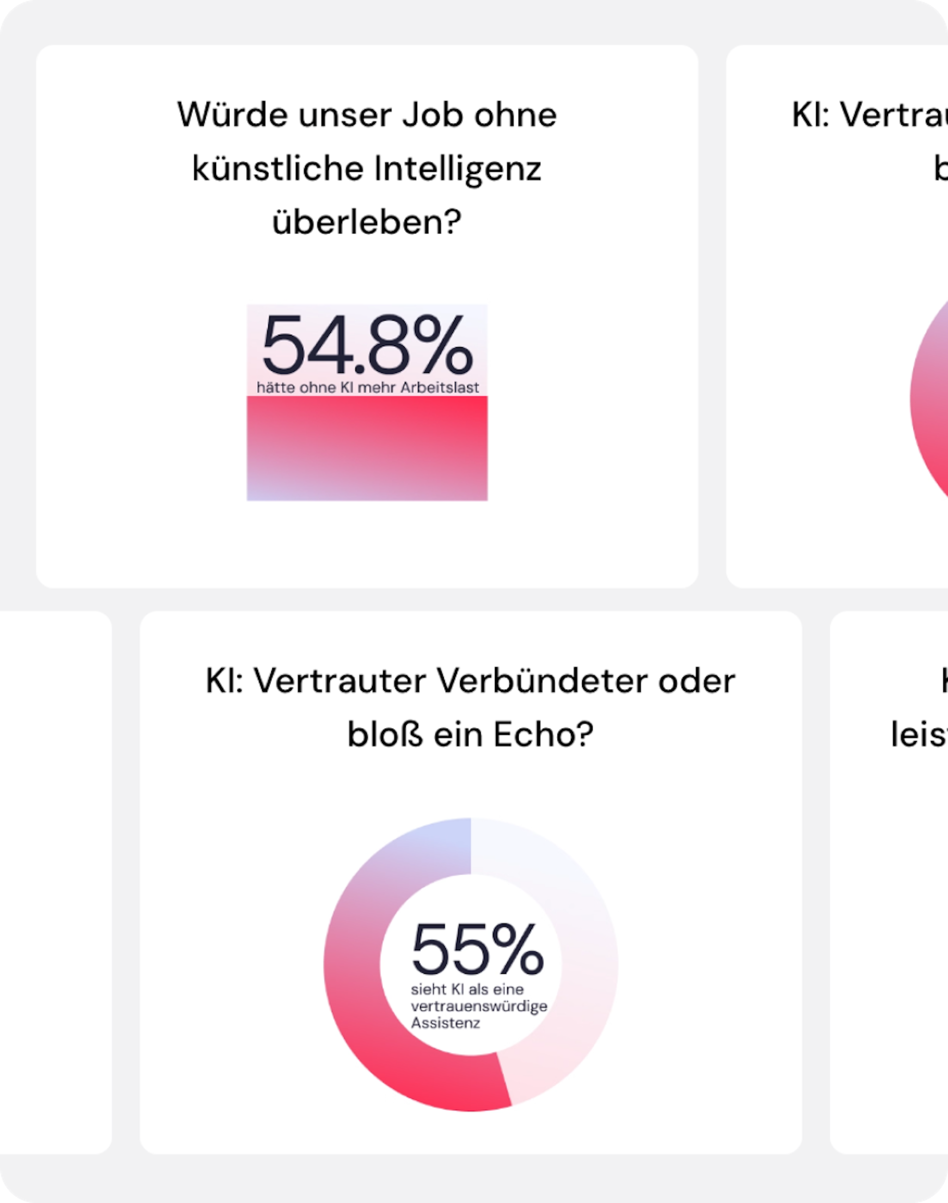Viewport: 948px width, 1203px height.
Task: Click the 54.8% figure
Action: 367,345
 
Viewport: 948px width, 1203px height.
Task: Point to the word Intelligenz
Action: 457,169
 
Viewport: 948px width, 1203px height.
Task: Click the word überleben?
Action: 367,222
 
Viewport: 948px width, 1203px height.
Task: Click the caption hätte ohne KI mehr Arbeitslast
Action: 367,387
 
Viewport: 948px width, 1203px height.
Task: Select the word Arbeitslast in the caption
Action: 440,387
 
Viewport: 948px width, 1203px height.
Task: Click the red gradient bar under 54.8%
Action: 367,448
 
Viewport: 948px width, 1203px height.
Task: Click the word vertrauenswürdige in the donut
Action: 478,1006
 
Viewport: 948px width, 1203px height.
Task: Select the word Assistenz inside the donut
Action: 445,1023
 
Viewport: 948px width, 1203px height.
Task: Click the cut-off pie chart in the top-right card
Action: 930,400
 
